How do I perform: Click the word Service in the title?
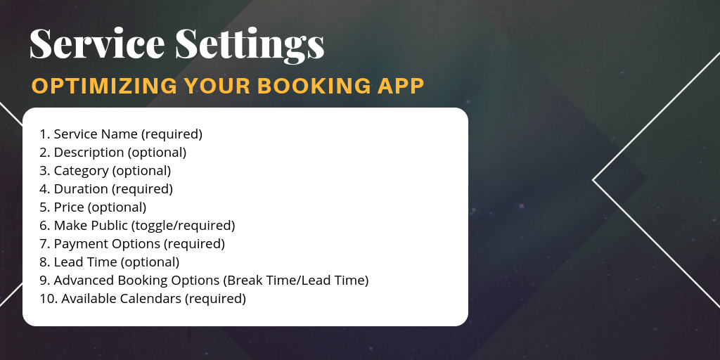(97, 43)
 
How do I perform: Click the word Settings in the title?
(250, 45)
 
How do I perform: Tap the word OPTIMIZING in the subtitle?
(104, 86)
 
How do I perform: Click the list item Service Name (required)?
(121, 134)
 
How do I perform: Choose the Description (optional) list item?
(113, 153)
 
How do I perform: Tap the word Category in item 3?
(82, 171)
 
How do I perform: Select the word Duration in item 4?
(81, 188)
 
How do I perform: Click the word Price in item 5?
(69, 207)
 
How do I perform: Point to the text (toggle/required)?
(184, 226)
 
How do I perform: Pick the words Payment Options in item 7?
(107, 244)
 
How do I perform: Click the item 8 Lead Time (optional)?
(109, 262)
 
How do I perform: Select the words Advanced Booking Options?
(137, 281)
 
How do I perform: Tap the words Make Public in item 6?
(91, 226)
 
